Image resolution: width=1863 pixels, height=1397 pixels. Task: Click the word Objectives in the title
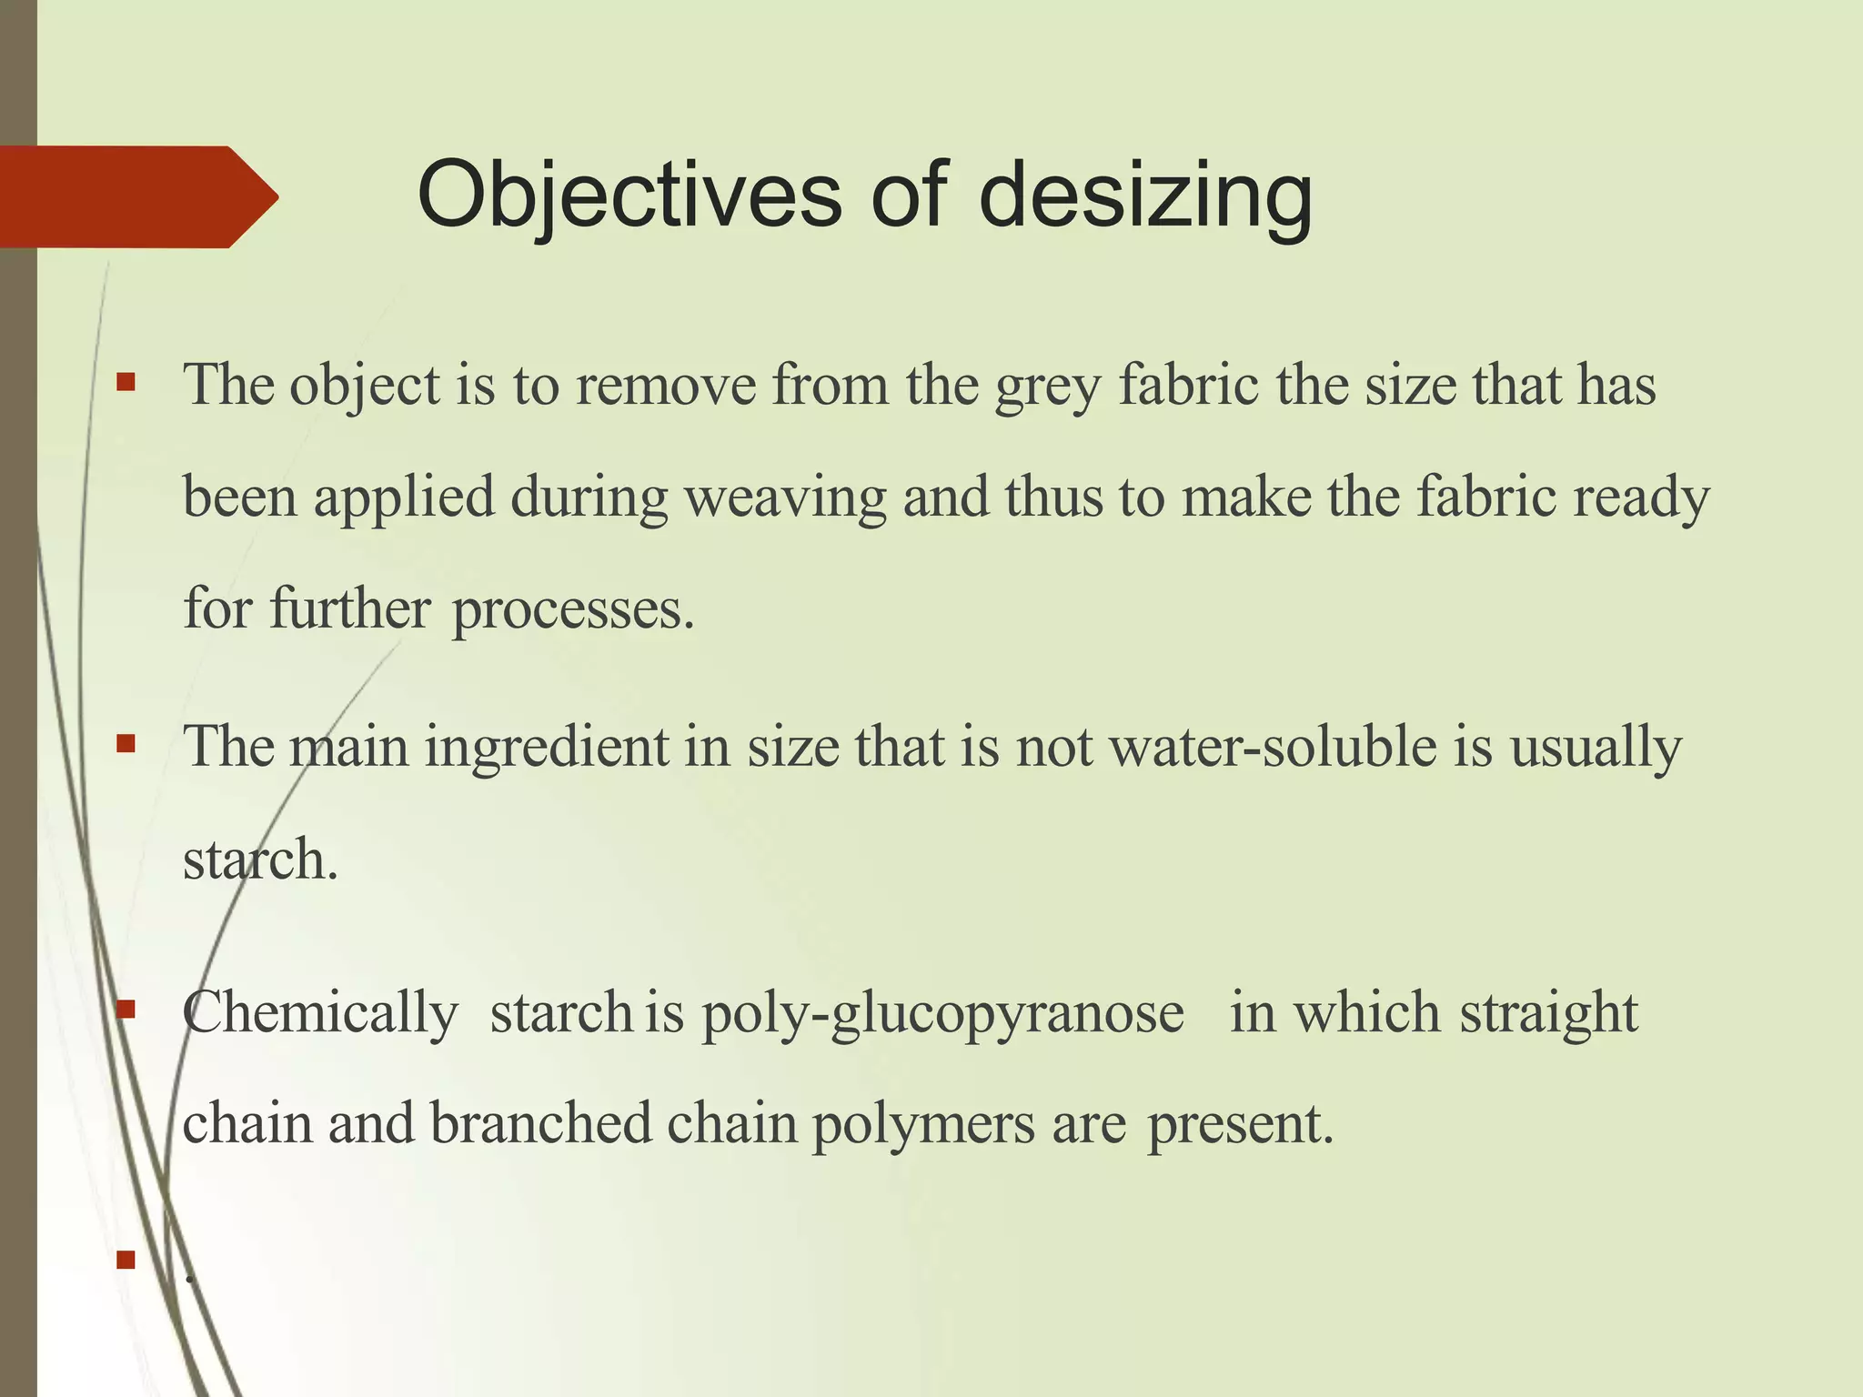pyautogui.click(x=629, y=196)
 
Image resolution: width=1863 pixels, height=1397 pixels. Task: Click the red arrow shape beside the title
pyautogui.click(x=136, y=196)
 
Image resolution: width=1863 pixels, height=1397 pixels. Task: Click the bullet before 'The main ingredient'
pyautogui.click(x=126, y=744)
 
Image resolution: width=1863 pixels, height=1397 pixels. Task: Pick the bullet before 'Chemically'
pyautogui.click(x=126, y=1009)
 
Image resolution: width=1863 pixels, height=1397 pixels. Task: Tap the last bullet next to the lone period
pyautogui.click(x=126, y=1260)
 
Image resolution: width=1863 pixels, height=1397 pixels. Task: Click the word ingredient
pyautogui.click(x=547, y=748)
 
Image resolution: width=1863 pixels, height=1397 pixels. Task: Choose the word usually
pyautogui.click(x=1596, y=748)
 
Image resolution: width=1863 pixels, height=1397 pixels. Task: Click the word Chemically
pyautogui.click(x=320, y=1013)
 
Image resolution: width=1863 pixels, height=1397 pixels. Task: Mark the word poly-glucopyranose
pyautogui.click(x=942, y=1013)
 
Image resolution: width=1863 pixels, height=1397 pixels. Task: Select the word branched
pyautogui.click(x=541, y=1124)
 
